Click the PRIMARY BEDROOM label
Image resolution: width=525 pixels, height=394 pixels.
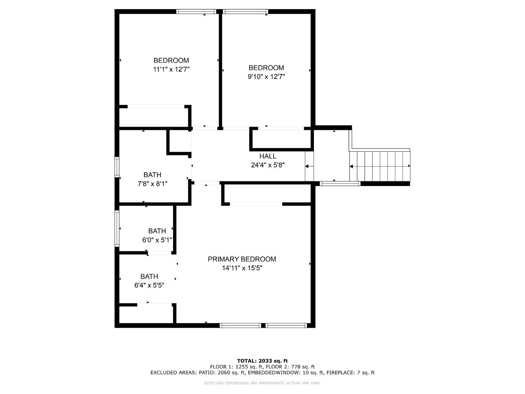coord(242,259)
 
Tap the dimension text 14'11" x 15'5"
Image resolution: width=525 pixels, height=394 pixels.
coord(242,268)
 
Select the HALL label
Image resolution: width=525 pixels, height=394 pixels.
coord(268,156)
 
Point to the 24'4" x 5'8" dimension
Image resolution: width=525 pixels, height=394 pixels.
coord(268,165)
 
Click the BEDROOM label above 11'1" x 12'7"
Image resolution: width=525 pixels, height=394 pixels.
coord(171,61)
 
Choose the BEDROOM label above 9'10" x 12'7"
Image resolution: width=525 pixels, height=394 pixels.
coord(266,68)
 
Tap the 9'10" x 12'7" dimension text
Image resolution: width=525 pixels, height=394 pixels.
coord(266,77)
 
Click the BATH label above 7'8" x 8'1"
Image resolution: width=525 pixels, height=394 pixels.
coord(152,175)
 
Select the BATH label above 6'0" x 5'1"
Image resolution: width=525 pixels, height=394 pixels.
coord(157,231)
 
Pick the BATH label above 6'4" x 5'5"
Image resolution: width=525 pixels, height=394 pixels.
coord(149,277)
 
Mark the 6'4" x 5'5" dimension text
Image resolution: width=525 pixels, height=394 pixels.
coord(149,285)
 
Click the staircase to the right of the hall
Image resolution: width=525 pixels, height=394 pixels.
coord(380,166)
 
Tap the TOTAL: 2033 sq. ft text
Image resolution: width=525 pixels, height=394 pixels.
coord(262,361)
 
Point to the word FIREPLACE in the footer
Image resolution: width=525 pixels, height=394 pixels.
coord(341,372)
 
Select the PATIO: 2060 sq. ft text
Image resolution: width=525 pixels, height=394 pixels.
coord(222,372)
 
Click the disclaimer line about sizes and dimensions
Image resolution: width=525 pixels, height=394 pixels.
coord(262,383)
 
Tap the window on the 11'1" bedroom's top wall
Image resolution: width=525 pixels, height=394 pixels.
coord(197,12)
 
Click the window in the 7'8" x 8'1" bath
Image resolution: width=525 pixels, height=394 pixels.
coord(117,167)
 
